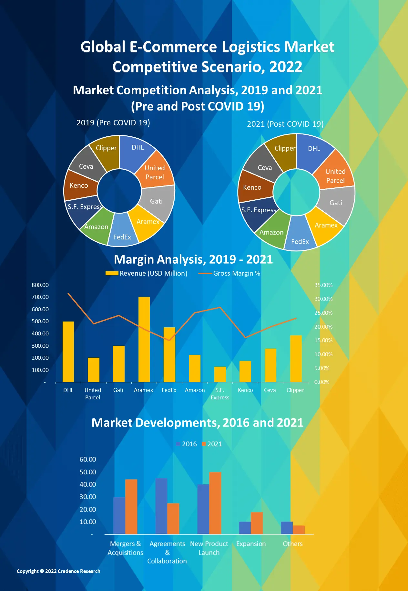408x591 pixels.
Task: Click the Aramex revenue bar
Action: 144,339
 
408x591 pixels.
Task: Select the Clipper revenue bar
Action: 296,359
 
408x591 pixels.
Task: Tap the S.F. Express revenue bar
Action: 220,374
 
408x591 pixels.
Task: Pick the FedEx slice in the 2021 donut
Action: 300,237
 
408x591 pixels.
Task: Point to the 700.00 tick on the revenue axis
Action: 40,297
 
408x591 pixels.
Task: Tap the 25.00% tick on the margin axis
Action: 323,313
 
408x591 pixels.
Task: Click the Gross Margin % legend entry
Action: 229,273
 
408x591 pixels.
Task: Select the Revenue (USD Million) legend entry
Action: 147,273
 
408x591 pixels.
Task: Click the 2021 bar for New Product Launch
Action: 215,503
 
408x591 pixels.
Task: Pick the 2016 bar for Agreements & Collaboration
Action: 161,506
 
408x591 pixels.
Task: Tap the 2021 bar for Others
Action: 299,530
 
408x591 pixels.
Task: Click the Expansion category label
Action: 251,544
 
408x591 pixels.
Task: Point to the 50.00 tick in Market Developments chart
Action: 88,472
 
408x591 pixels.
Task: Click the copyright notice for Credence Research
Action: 58,571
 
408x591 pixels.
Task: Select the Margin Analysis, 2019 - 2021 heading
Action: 193,259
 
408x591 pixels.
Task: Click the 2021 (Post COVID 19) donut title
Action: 285,124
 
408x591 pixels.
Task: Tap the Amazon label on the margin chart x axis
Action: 195,390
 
